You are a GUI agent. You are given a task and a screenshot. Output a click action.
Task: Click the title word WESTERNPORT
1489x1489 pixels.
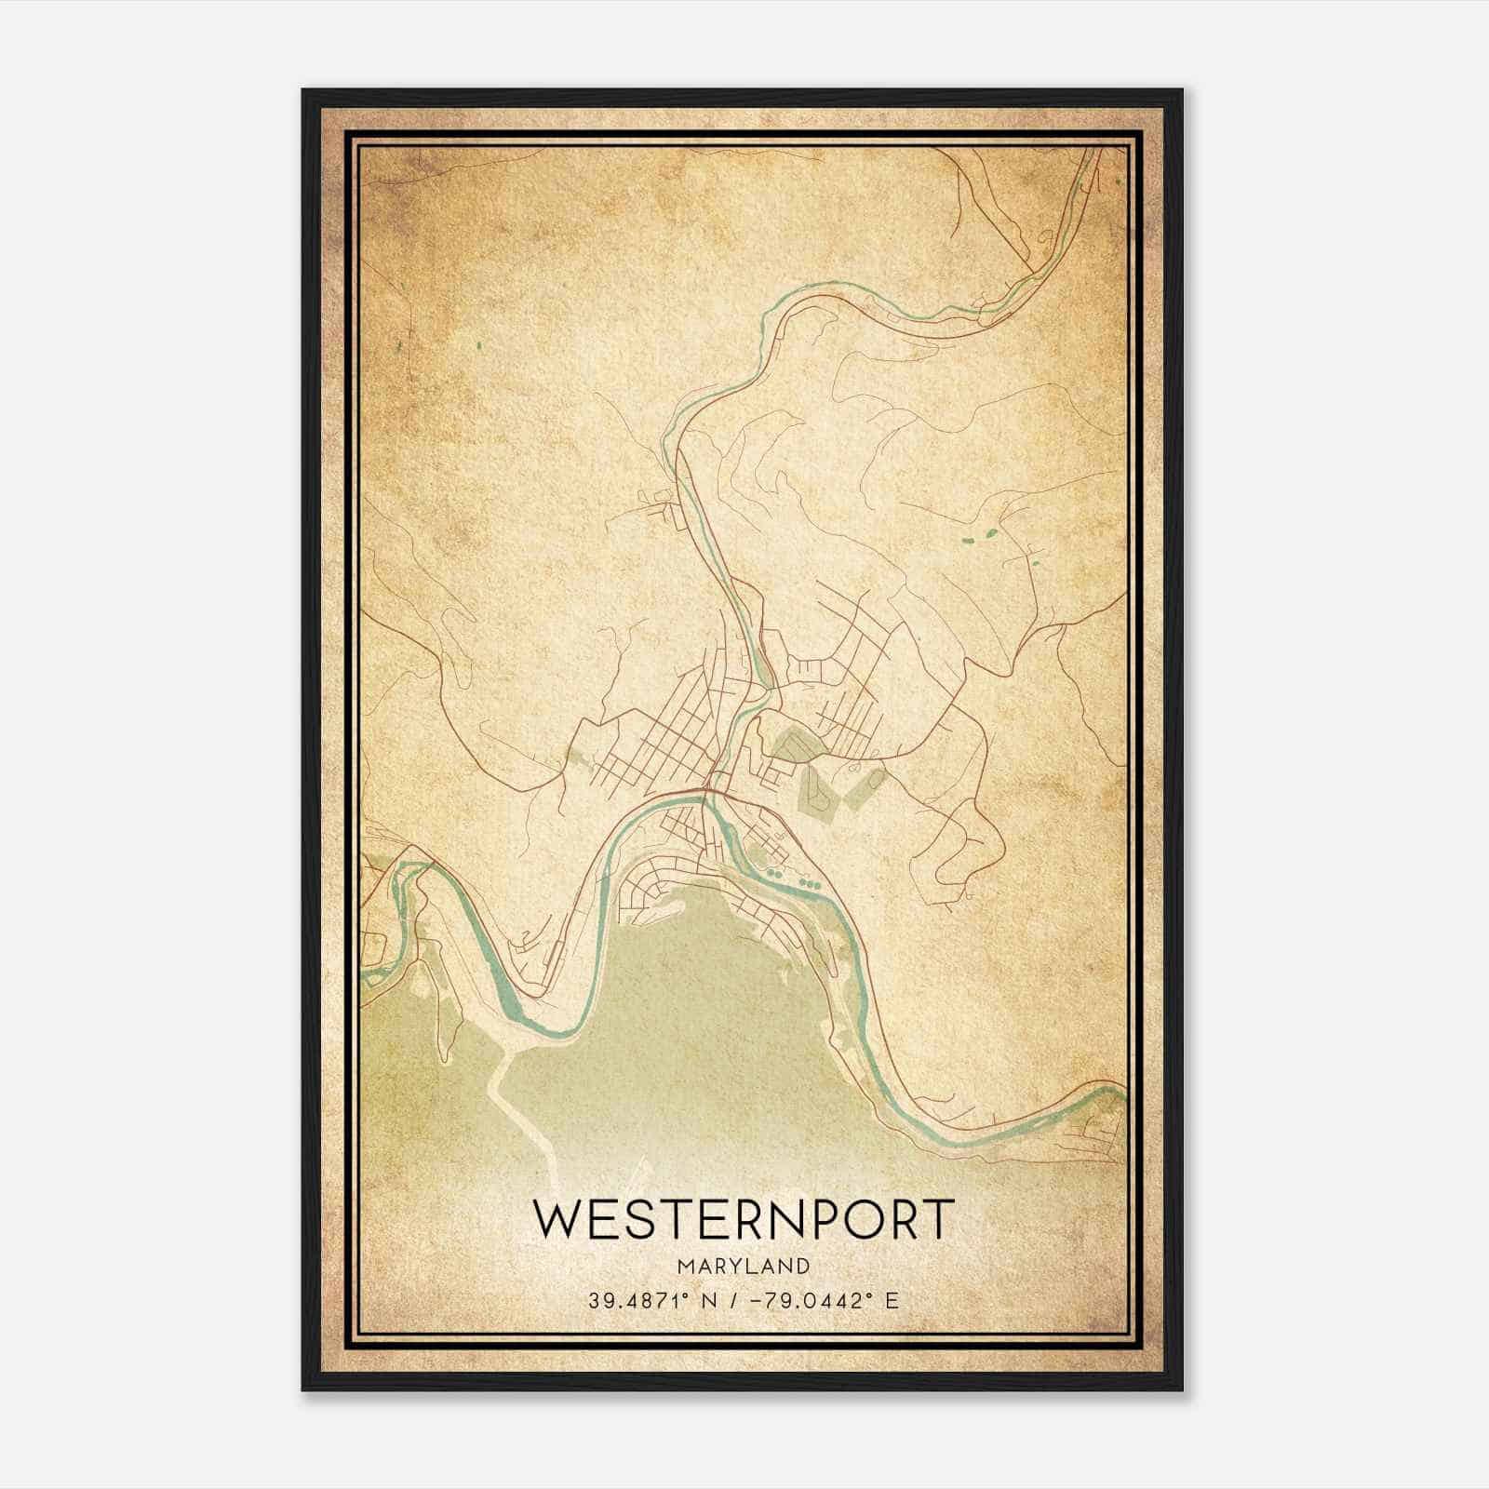click(x=744, y=1219)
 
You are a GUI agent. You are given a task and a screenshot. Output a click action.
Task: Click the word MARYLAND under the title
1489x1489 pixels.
click(x=744, y=1266)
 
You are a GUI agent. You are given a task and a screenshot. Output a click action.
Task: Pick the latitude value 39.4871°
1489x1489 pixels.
click(x=639, y=1300)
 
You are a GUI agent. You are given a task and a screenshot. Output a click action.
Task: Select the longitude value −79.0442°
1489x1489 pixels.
click(x=820, y=1300)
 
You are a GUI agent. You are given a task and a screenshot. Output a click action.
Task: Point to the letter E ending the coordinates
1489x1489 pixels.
click(x=892, y=1300)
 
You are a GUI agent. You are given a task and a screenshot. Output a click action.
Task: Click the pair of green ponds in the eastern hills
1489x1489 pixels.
click(x=983, y=535)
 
